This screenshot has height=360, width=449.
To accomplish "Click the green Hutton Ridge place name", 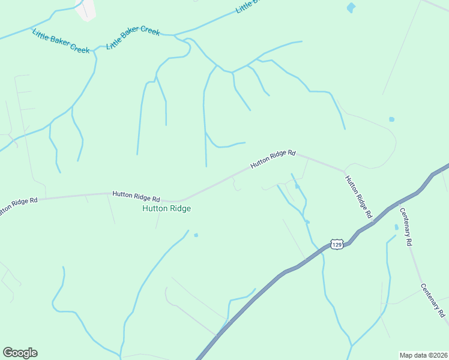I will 166,209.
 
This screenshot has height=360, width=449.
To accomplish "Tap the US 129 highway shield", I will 337,245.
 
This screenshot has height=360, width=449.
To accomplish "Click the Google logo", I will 20,353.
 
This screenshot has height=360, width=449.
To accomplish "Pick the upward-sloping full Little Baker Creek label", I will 133,37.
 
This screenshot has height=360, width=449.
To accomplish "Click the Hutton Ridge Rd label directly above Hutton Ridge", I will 137,196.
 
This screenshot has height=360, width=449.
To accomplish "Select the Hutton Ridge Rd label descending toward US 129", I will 359,196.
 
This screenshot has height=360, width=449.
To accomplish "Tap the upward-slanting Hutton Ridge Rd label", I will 274,159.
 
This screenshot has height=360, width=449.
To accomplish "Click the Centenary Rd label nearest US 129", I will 406,226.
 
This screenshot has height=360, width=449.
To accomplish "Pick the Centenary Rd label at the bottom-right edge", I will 433,300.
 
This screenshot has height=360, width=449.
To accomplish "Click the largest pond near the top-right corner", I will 351,8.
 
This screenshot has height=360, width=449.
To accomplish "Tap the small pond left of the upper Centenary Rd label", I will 396,227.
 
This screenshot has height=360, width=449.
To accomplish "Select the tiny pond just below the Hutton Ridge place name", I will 196,235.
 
